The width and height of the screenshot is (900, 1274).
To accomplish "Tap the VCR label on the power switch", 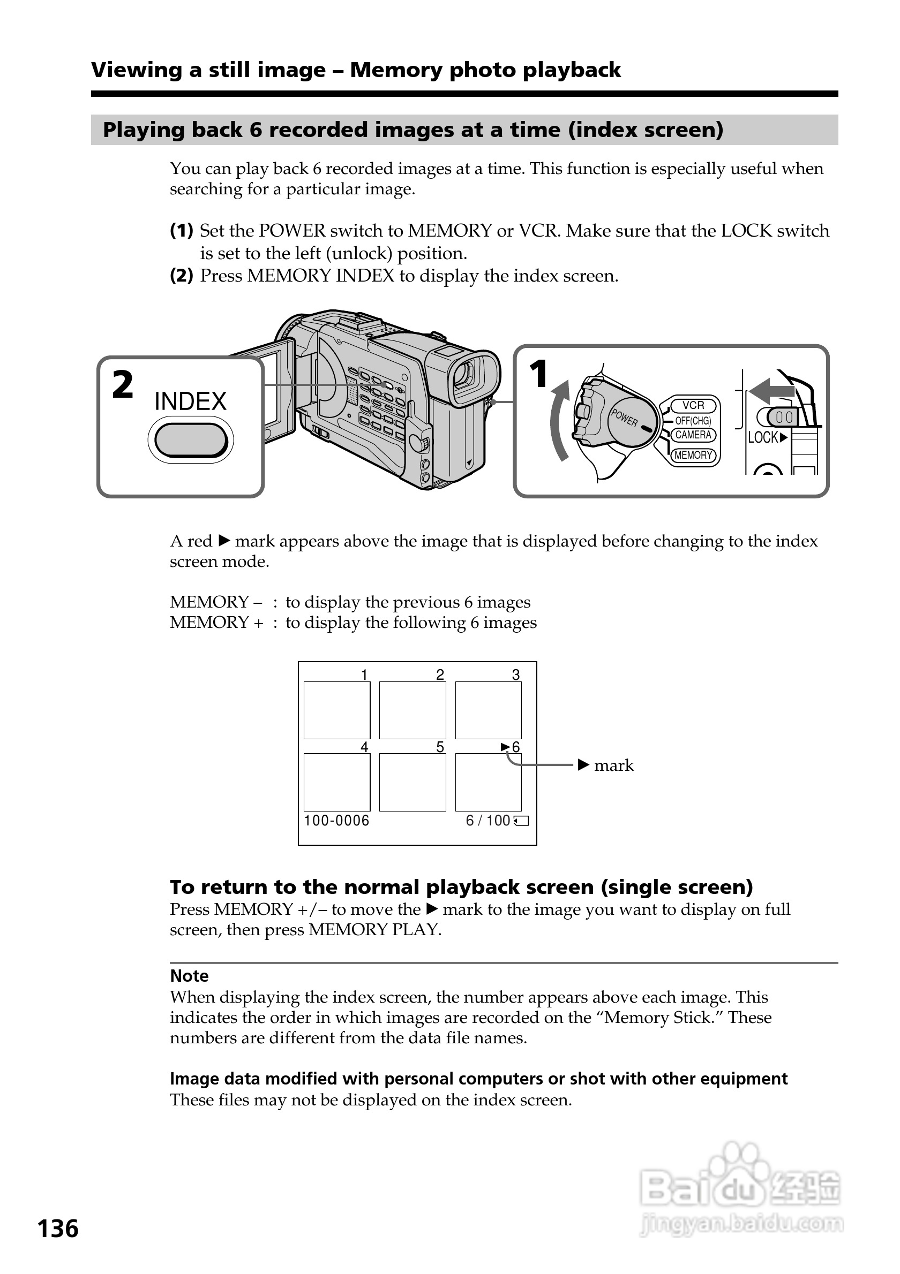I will click(x=693, y=405).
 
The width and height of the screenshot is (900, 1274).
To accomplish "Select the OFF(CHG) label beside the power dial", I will click(x=693, y=421).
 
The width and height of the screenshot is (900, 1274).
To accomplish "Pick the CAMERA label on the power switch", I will click(x=693, y=435).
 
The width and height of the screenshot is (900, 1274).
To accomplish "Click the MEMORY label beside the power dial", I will click(x=693, y=455).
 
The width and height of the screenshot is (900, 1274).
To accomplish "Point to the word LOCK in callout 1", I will click(x=763, y=437).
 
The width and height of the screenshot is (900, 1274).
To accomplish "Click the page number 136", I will click(x=58, y=1228).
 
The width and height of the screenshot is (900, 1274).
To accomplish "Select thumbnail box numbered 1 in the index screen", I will click(x=336, y=710).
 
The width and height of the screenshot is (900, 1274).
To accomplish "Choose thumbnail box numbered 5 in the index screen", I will click(x=412, y=783).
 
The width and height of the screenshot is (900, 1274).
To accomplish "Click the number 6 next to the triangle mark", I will click(x=516, y=747).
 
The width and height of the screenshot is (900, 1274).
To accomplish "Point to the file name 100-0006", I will click(x=336, y=821).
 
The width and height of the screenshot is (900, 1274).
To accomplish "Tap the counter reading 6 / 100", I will click(x=488, y=821).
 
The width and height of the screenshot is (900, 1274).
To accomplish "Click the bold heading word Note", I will click(x=189, y=976).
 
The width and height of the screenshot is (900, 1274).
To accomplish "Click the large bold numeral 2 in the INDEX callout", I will click(x=123, y=384).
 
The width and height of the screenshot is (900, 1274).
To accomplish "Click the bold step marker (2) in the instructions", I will click(x=182, y=275).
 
